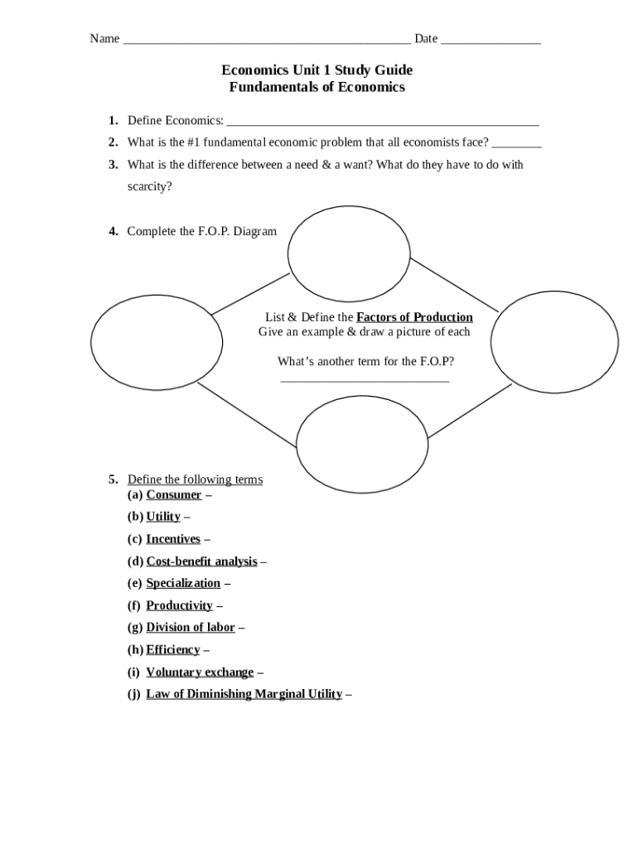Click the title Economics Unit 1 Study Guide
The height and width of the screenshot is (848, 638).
317,70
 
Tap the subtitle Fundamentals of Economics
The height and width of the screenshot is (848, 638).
317,87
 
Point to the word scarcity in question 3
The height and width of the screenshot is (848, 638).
150,186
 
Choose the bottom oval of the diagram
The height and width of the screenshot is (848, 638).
362,444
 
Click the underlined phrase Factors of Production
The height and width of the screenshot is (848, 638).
414,317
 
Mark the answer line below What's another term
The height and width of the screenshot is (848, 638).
365,381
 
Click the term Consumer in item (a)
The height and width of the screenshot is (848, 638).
174,495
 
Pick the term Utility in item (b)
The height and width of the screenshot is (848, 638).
163,517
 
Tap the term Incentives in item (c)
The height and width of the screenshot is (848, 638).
173,539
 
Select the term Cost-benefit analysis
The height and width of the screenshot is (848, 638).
201,561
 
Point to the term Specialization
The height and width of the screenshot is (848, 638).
183,583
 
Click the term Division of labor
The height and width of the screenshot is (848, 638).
191,628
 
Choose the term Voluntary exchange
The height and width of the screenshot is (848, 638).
200,672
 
